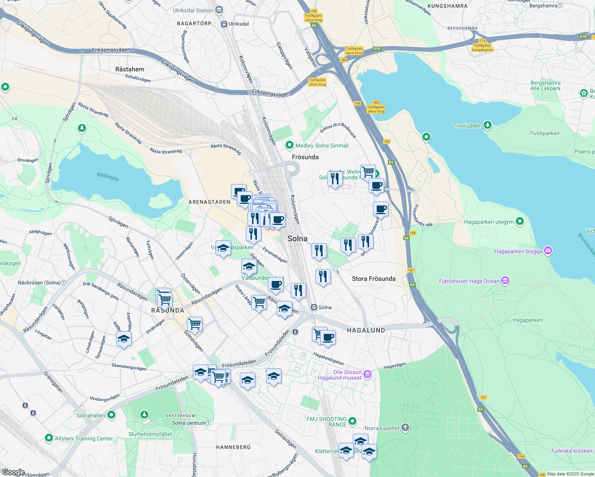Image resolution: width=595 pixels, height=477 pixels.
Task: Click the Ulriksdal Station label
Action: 193,10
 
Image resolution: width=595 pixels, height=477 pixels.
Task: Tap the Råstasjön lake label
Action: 108,176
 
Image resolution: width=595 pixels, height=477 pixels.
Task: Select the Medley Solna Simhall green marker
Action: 290,145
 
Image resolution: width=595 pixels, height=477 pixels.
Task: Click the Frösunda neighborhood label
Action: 305,157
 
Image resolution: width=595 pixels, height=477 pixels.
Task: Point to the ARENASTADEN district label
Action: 209,202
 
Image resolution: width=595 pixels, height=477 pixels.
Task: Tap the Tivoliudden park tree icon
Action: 487,125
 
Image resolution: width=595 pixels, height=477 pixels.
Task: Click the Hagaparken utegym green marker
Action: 520,221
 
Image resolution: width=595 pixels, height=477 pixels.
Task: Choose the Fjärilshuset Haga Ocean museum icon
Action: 505,281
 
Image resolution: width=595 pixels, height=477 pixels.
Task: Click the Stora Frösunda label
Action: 373,279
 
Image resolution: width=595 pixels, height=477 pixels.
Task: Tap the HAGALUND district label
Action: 366,330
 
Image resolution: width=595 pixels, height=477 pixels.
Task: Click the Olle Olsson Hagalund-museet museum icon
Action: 367,374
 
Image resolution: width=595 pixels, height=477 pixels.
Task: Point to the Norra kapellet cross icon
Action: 405,428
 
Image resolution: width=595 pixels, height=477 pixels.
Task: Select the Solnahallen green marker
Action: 111,415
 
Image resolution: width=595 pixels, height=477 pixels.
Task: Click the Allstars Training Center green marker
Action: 49,438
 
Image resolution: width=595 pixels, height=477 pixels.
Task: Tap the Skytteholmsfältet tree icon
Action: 144,415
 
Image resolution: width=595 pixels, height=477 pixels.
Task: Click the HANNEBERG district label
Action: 233,447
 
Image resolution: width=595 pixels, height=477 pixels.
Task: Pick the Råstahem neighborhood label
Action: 130,69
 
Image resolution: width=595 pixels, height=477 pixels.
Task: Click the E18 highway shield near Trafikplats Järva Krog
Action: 377,48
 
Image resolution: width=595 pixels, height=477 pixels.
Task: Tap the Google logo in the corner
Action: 13,472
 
